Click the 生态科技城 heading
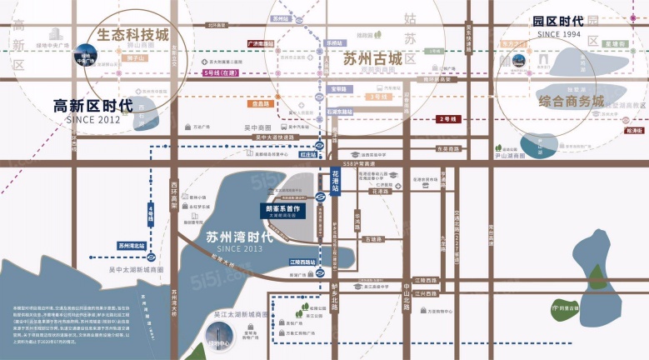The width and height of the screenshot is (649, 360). click(x=132, y=37)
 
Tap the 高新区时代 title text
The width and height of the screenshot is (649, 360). click(x=92, y=106)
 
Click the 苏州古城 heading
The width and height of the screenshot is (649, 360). click(x=372, y=59)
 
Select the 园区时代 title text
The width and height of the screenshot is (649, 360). click(x=571, y=22)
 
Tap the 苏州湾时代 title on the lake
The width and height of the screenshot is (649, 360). click(x=238, y=237)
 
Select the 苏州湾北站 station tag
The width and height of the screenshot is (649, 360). click(x=132, y=246)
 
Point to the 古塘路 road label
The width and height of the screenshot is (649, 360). click(x=372, y=239)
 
